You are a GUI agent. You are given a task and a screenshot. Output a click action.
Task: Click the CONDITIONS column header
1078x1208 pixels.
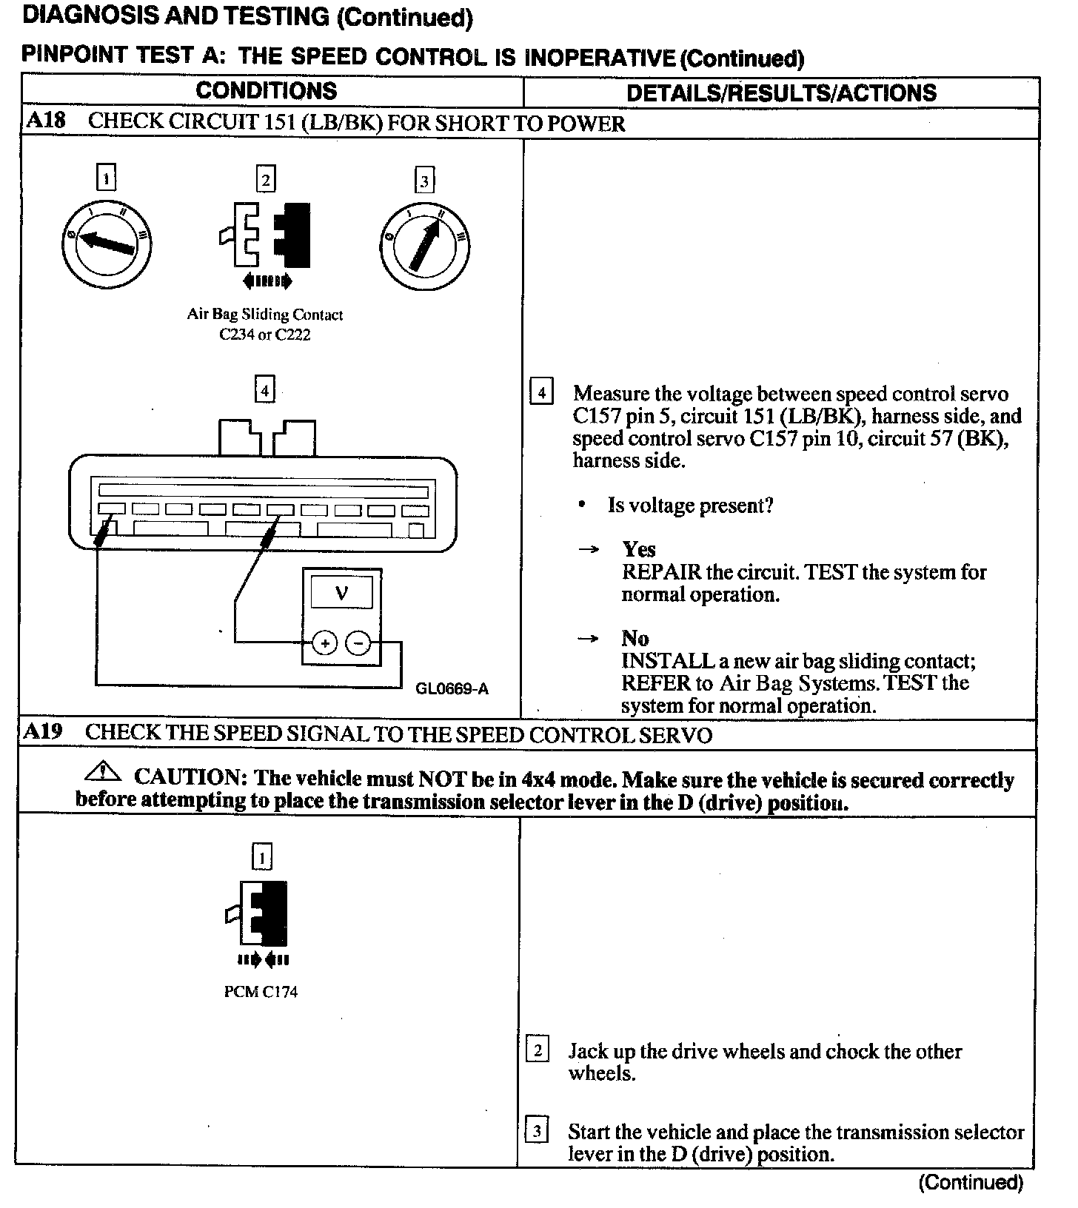(x=266, y=91)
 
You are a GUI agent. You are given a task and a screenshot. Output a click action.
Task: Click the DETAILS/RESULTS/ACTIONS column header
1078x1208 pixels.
(x=781, y=93)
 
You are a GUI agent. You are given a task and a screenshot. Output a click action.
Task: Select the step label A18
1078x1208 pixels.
(x=45, y=121)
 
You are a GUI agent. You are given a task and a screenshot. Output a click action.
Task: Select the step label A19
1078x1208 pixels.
(x=43, y=732)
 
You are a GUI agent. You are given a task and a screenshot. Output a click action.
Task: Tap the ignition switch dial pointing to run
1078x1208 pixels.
(x=425, y=245)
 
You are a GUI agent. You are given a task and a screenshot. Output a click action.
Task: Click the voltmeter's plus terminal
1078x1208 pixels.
(x=324, y=643)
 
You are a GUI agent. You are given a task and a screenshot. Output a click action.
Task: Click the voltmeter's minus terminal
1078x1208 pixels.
(x=359, y=643)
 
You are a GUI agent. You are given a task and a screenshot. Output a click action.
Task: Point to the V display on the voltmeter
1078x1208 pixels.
(x=342, y=592)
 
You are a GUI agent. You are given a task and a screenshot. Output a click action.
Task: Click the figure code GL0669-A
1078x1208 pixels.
(x=452, y=689)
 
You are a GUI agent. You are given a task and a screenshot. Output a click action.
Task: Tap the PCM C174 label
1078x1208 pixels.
(x=261, y=992)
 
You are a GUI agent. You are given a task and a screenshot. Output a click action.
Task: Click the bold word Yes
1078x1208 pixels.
(x=639, y=549)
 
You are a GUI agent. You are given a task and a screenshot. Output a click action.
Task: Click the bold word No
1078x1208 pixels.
(x=635, y=638)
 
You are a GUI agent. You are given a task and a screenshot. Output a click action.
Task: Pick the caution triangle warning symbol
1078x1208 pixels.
(x=104, y=773)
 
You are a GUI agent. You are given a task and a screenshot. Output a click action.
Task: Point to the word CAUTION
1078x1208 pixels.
(x=190, y=777)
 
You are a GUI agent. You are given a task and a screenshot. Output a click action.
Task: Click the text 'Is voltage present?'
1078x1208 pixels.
(x=690, y=506)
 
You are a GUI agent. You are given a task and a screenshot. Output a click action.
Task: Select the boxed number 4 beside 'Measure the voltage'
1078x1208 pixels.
(x=542, y=392)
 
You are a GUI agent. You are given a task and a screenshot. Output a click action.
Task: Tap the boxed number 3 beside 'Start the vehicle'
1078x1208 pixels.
(x=537, y=1131)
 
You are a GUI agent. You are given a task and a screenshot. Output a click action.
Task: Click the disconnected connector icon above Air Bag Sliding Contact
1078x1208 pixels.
(x=265, y=235)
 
